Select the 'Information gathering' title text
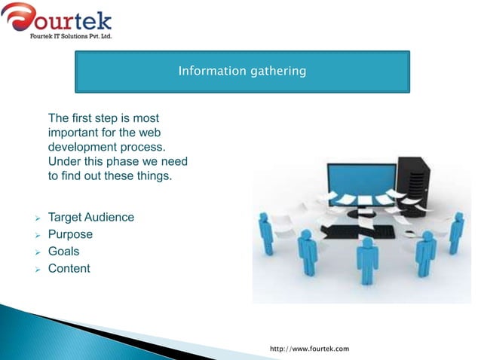pyautogui.click(x=241, y=72)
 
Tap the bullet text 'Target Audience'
pyautogui.click(x=91, y=218)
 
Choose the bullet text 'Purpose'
pyautogui.click(x=70, y=234)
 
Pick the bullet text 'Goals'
pyautogui.click(x=63, y=252)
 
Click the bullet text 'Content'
pyautogui.click(x=69, y=268)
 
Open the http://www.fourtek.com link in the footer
pyautogui.click(x=310, y=349)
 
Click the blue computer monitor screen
pyautogui.click(x=361, y=181)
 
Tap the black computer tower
pyautogui.click(x=413, y=185)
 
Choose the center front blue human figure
pyautogui.click(x=367, y=260)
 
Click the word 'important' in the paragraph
pyautogui.click(x=72, y=133)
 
